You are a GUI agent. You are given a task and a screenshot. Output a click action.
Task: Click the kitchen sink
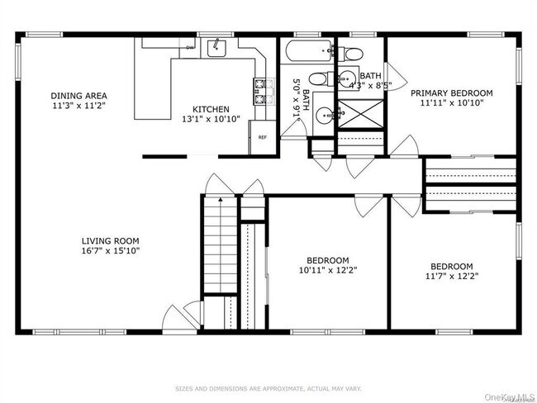click(x=216, y=48)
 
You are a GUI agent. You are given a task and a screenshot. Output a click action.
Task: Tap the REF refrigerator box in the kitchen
click(x=262, y=138)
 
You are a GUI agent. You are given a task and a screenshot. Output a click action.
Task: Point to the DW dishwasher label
click(x=190, y=48)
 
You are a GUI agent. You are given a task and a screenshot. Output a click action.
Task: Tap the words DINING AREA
click(x=78, y=95)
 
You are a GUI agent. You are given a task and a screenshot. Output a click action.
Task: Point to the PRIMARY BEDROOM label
click(x=452, y=93)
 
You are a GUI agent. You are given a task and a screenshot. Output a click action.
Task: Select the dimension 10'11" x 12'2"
click(x=329, y=269)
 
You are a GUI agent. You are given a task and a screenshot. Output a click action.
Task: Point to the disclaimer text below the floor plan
click(x=268, y=387)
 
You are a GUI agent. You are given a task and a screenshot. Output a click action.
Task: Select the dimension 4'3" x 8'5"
click(x=369, y=84)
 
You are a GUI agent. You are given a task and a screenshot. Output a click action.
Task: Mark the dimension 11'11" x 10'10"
click(x=452, y=103)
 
